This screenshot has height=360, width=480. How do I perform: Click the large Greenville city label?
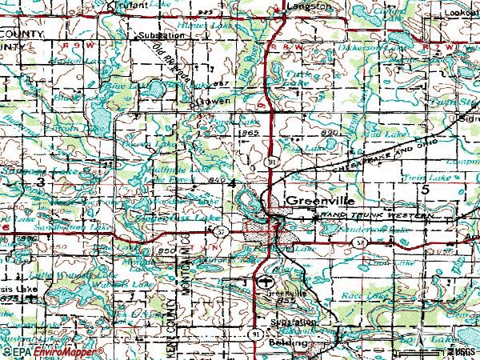[318, 200]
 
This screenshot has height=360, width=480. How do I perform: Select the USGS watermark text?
[462, 351]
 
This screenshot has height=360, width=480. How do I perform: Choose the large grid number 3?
[40, 183]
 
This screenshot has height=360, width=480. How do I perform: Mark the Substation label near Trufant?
[156, 37]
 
